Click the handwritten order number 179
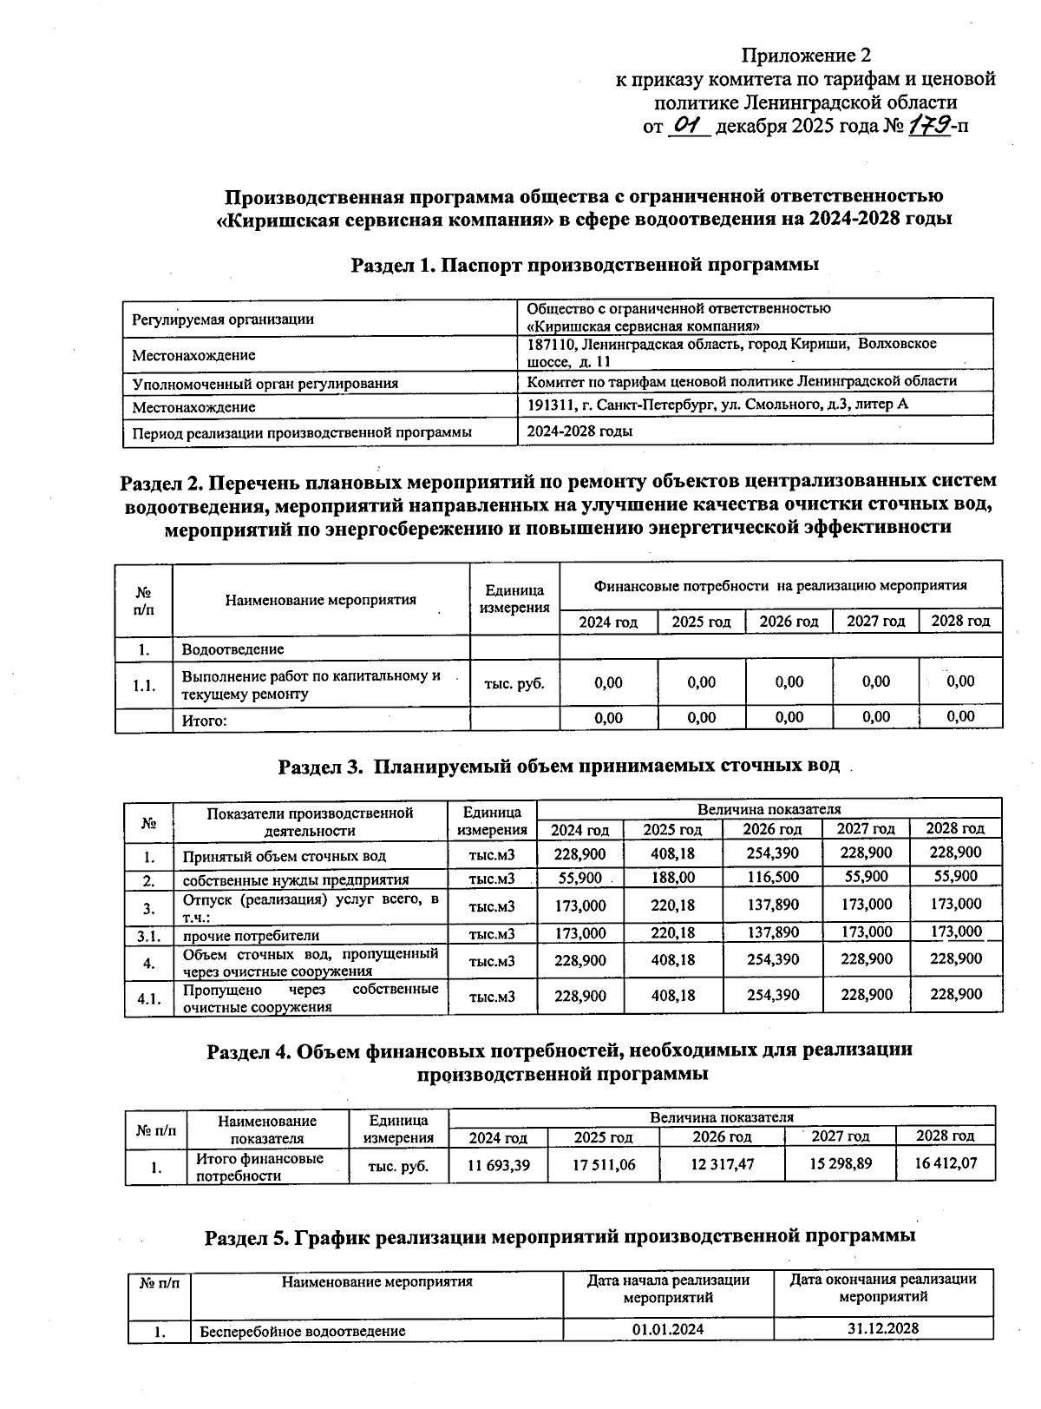click(x=929, y=126)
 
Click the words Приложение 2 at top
click(x=804, y=56)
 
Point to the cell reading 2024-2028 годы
click(x=579, y=431)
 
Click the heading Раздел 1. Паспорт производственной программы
click(x=585, y=265)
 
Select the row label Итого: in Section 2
click(x=204, y=720)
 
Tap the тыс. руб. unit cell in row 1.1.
click(x=514, y=683)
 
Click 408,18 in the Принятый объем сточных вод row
click(x=672, y=853)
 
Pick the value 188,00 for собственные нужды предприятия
click(x=674, y=878)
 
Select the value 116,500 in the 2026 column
click(x=772, y=878)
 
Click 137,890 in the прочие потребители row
click(x=772, y=934)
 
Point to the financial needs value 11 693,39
click(x=498, y=1165)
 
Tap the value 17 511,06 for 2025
click(x=604, y=1165)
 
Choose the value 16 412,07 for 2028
click(x=946, y=1163)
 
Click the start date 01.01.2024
click(x=668, y=1329)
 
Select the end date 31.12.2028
click(x=883, y=1328)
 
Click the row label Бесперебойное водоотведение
click(x=303, y=1331)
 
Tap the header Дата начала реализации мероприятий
click(x=668, y=1288)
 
